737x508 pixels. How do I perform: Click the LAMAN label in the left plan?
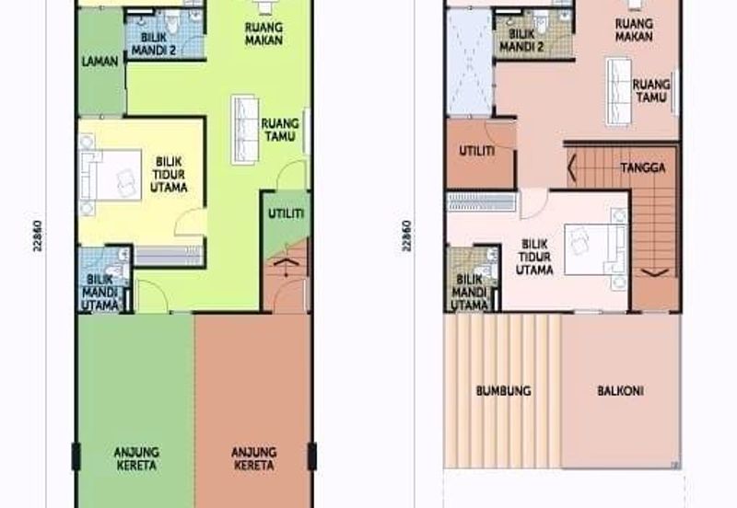click(99, 62)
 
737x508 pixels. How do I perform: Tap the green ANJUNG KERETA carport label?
click(136, 458)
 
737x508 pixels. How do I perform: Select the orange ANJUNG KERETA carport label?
click(254, 458)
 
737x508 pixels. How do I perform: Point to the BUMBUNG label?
click(503, 391)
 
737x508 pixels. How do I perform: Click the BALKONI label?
click(620, 391)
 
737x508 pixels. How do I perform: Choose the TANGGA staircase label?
click(642, 167)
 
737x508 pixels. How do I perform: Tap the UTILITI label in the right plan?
click(476, 151)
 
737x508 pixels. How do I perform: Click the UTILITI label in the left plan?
click(287, 214)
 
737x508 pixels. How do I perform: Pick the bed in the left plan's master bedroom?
click(111, 175)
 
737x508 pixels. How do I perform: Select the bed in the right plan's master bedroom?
click(595, 249)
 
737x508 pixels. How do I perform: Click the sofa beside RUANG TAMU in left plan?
click(245, 130)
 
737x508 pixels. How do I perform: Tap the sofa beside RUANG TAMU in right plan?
click(618, 92)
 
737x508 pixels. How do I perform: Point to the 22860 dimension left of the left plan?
click(38, 236)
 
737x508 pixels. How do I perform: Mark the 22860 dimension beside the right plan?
click(406, 236)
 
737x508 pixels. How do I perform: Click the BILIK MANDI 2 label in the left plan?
click(154, 43)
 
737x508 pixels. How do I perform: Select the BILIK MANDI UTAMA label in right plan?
click(469, 293)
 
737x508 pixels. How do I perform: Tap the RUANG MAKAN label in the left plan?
click(263, 33)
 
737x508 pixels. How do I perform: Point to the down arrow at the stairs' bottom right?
click(655, 272)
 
